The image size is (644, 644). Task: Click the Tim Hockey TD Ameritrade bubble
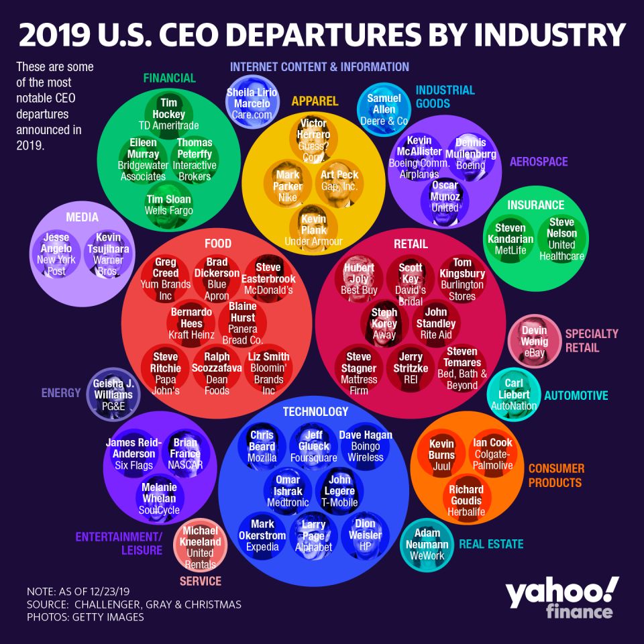169,113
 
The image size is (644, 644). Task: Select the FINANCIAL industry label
169,78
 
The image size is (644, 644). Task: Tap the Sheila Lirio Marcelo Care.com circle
250,104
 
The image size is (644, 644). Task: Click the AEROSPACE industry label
538,162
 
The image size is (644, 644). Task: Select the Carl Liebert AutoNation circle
514,394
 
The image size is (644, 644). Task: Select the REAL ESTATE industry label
490,544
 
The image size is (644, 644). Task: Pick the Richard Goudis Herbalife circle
466,500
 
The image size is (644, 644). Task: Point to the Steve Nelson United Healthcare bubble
561,239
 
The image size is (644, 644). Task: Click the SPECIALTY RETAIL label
591,340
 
